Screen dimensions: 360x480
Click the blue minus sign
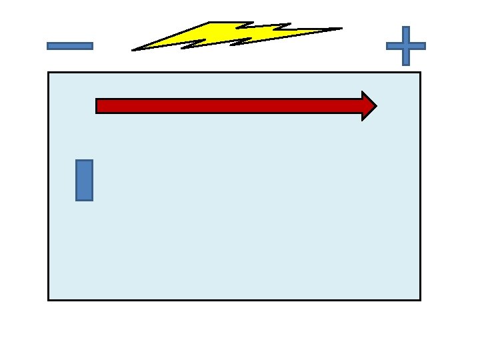(69, 46)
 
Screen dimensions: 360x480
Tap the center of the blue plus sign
(405, 46)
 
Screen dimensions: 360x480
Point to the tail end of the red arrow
(98, 106)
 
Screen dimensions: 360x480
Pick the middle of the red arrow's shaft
(229, 106)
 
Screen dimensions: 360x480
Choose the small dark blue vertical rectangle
(84, 180)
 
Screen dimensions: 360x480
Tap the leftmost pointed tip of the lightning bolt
(133, 50)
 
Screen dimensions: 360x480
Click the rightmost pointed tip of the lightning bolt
(341, 28)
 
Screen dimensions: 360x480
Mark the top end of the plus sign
(405, 28)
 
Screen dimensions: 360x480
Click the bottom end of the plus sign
(405, 64)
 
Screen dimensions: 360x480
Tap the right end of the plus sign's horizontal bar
(423, 46)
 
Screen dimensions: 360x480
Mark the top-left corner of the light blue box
(49, 72)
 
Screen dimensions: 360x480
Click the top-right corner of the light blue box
(420, 72)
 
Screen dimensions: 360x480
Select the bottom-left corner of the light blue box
(49, 299)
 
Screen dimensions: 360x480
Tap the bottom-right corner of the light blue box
(420, 299)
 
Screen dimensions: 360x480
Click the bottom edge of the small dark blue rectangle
(84, 199)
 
